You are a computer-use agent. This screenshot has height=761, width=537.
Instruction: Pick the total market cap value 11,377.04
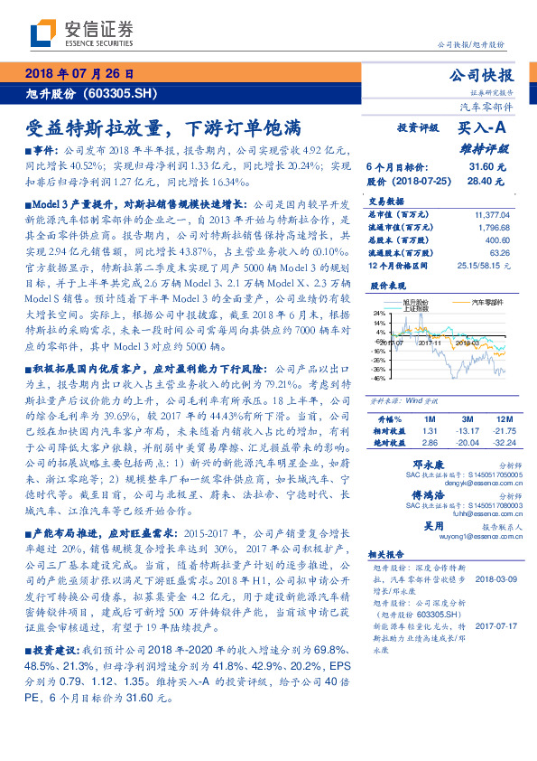[491, 214]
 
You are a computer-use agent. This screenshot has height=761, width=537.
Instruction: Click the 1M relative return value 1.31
[430, 432]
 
